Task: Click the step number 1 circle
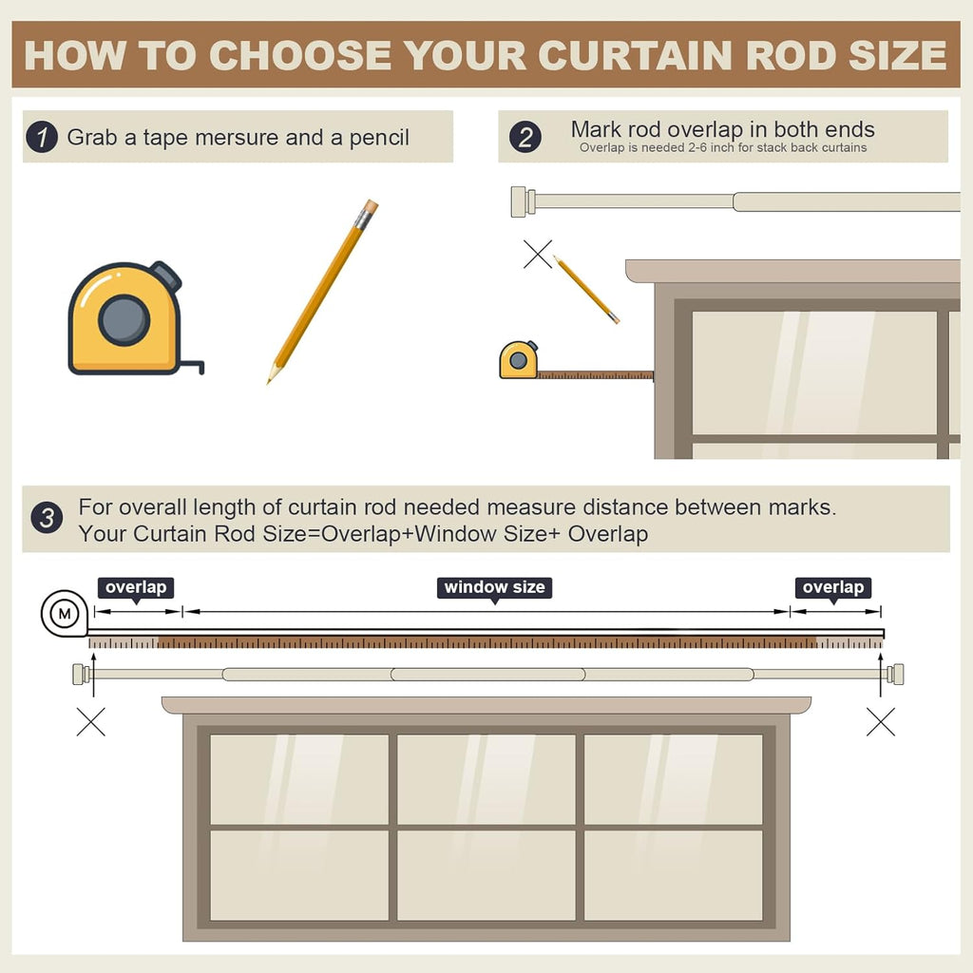[42, 137]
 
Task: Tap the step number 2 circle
[525, 137]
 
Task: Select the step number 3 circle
[47, 518]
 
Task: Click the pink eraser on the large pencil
[370, 206]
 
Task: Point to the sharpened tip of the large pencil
[269, 382]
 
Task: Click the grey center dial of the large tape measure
[124, 320]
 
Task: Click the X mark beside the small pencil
[538, 255]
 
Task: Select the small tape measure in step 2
[518, 360]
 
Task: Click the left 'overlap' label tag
[136, 587]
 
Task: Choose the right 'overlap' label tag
[833, 587]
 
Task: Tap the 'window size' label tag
[494, 587]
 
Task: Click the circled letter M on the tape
[65, 615]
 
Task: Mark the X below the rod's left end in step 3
[91, 722]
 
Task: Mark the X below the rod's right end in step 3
[881, 722]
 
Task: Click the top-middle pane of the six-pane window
[486, 779]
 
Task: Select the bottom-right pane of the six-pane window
[674, 875]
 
